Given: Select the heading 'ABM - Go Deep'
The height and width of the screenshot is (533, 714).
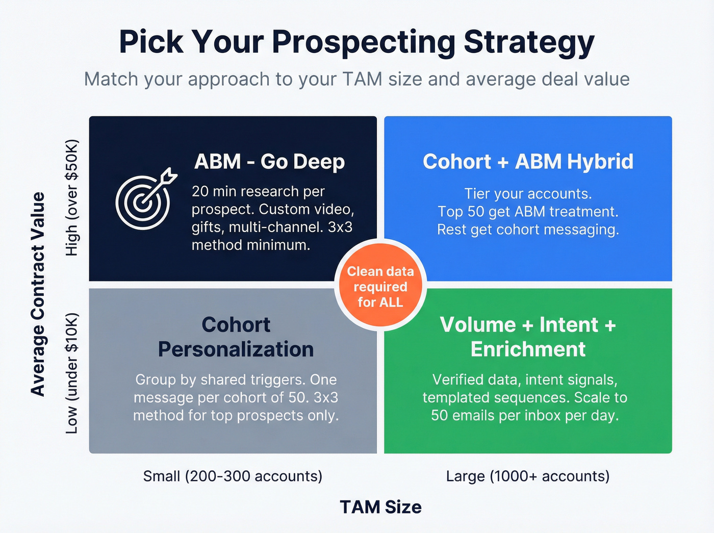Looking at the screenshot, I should pos(269,162).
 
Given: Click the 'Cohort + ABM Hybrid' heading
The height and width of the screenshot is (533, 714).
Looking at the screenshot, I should pos(528,162).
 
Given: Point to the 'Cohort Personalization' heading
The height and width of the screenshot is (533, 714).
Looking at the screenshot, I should pos(236,337).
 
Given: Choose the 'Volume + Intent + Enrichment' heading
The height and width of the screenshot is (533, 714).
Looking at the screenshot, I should pos(528,337).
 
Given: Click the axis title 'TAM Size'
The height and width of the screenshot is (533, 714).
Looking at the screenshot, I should pos(380,507).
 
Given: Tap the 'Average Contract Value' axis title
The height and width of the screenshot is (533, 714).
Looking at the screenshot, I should pos(38,294).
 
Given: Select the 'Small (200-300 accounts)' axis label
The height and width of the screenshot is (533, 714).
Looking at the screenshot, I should pos(233,476).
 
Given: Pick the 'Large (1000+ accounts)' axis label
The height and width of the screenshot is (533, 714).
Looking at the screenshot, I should pos(528,476).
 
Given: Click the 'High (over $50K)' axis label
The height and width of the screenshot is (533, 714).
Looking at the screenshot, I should pos(72,198).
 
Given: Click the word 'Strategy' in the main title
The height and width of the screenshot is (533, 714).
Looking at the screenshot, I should pos(529,42).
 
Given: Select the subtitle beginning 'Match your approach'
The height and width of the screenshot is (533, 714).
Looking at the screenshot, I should pos(357,80).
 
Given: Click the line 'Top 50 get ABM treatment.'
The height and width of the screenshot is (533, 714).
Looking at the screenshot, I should pos(528,212).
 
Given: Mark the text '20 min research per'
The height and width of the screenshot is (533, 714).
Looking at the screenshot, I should pos(258,191).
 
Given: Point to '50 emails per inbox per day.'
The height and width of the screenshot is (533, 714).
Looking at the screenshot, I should pos(525,416).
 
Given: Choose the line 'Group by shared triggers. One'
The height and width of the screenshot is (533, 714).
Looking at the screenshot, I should pos(236,380).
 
